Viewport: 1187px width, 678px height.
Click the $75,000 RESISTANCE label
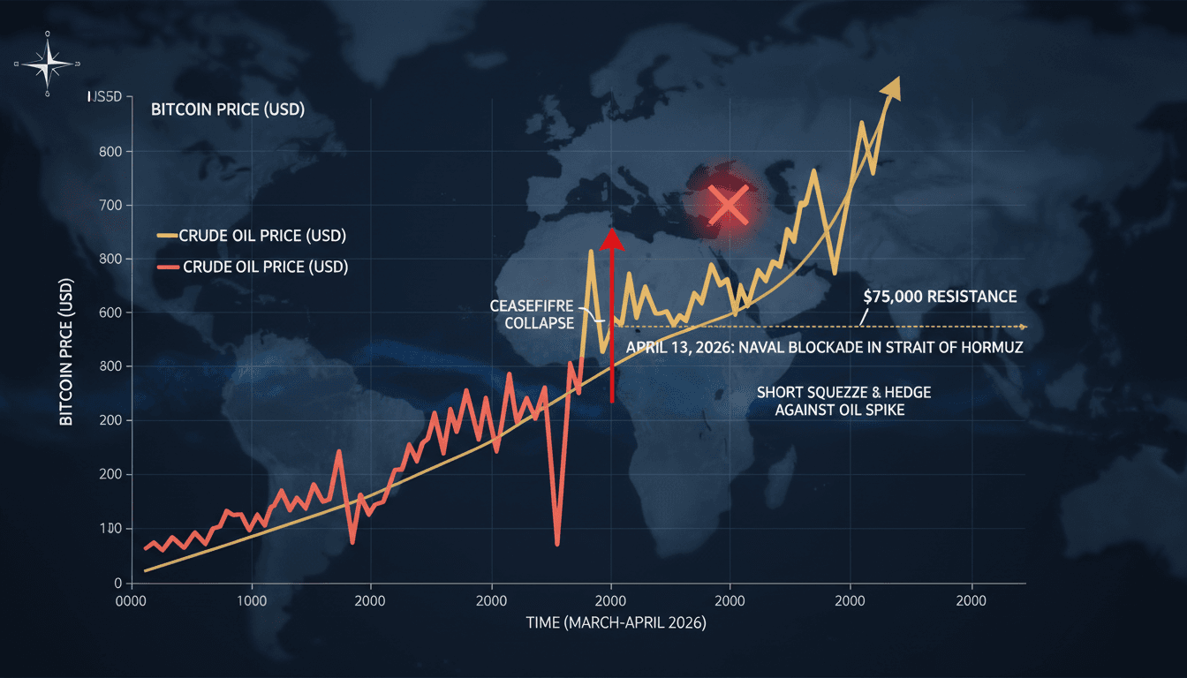(x=940, y=297)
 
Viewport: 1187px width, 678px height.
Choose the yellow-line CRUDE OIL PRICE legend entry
(x=251, y=237)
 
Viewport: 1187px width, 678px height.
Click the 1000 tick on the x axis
(x=253, y=599)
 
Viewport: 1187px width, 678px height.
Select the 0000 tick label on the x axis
(x=131, y=599)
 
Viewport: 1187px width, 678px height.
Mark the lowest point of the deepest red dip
(x=557, y=544)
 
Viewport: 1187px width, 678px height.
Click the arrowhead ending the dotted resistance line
(x=1022, y=327)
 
